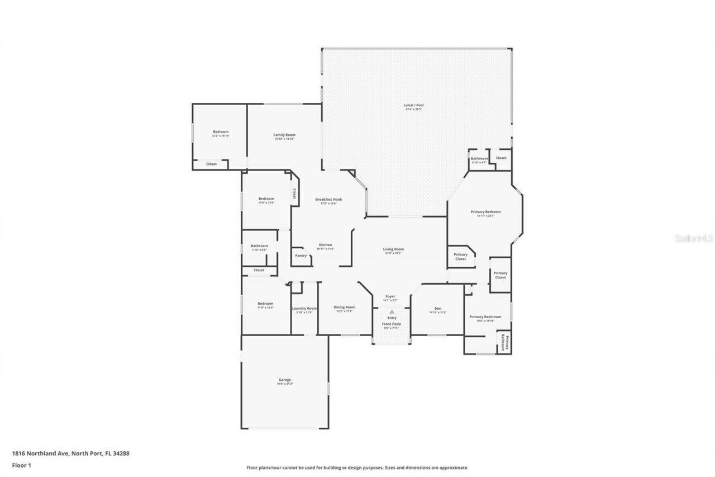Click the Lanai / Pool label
[413, 105]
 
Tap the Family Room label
[284, 135]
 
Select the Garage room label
[284, 380]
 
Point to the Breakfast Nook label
[328, 200]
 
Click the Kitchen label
[325, 245]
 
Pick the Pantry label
[301, 256]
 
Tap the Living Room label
[393, 249]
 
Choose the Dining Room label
[344, 307]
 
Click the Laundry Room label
[304, 308]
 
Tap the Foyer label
[390, 296]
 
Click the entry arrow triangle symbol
[392, 311]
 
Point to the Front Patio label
[392, 324]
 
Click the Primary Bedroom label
[485, 212]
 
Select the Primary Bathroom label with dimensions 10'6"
[485, 317]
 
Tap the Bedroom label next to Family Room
[220, 132]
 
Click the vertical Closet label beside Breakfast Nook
[294, 193]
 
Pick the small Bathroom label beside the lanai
[479, 159]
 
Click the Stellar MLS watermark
[694, 238]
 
